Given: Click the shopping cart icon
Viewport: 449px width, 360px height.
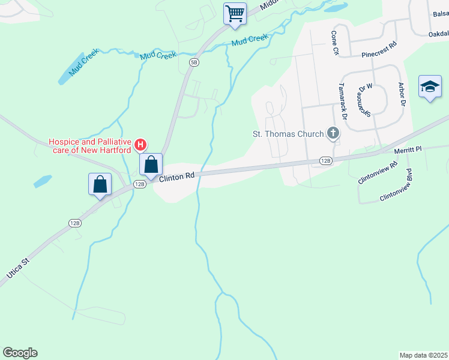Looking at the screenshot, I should click(235, 13).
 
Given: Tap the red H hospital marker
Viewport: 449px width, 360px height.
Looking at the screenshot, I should click(140, 145).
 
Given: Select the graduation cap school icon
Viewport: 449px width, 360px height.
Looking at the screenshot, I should click(430, 88).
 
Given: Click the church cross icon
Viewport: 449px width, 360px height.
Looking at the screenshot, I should click(333, 134).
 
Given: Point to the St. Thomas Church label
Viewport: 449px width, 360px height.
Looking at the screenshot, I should click(289, 134).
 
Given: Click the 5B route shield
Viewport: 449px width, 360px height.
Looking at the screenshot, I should click(194, 62).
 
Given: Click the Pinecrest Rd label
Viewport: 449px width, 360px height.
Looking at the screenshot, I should click(379, 49).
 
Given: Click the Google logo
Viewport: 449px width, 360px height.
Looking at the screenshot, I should click(20, 353).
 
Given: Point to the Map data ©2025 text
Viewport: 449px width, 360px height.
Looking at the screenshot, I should click(423, 355).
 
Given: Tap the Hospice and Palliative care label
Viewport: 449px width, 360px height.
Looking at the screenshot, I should click(89, 146).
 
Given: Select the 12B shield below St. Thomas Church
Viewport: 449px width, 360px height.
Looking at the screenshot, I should click(325, 160).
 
